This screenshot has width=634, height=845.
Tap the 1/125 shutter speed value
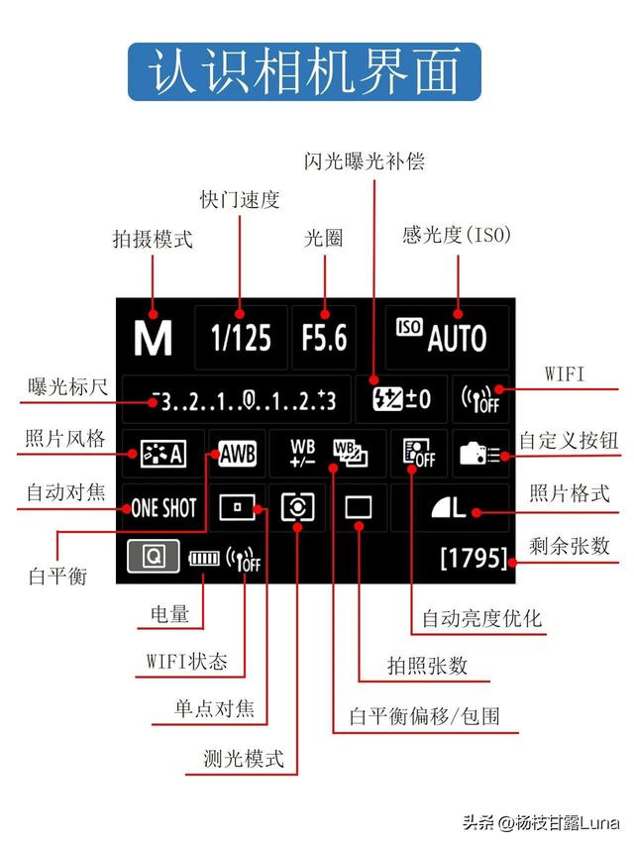coord(241,339)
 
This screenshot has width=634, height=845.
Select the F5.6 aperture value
coord(325,339)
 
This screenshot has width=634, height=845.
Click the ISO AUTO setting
coord(447,339)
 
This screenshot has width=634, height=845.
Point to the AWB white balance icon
coord(237,454)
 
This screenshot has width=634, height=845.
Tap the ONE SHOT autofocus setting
coord(163,508)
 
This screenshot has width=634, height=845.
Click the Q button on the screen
coord(154,557)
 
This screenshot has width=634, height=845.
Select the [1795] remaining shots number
coord(473,558)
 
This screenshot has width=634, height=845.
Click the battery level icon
coord(203,559)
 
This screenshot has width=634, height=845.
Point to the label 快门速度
coord(240,199)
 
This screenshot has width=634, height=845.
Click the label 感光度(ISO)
coord(457,235)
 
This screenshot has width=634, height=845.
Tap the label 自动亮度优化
coord(482,619)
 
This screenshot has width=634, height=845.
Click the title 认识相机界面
coord(304,70)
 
